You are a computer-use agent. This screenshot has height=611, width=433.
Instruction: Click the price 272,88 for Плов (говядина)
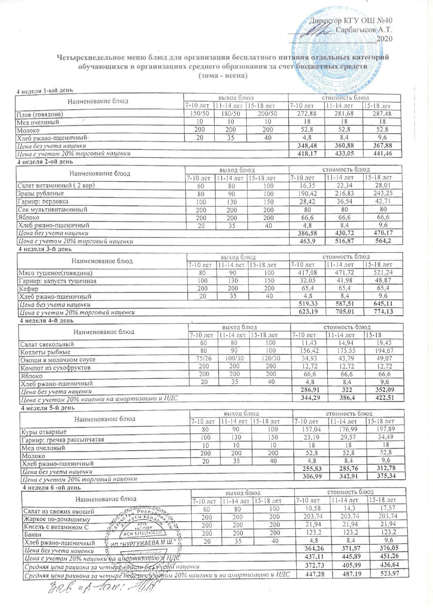click(306, 114)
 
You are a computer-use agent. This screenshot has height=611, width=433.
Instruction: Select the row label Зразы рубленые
click(41, 193)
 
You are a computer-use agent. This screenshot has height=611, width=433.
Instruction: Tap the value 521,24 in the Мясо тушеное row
click(382, 273)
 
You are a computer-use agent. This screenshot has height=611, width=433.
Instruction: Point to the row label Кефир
click(28, 289)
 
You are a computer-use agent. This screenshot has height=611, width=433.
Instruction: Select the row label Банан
click(32, 534)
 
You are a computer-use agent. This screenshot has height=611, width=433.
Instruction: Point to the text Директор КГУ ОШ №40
click(351, 21)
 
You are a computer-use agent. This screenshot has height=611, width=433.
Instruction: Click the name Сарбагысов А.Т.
click(364, 29)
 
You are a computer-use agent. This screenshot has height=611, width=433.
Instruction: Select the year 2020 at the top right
click(385, 38)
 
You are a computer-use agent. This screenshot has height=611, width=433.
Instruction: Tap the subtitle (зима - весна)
click(222, 75)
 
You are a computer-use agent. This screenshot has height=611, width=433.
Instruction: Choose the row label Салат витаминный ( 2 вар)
click(56, 186)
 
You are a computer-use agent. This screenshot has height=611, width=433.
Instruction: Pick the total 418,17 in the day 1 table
click(306, 153)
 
